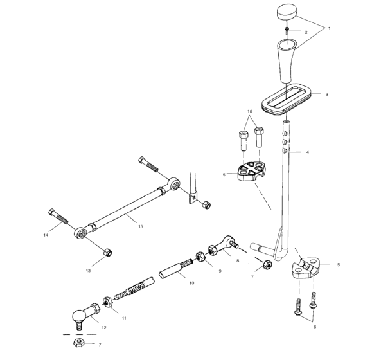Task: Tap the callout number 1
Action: tap(330, 29)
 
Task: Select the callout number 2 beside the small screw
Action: tap(306, 32)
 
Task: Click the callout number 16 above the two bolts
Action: tap(249, 111)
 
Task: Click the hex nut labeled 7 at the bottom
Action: tap(80, 345)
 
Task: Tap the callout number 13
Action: tap(88, 271)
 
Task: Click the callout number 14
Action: tap(46, 235)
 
